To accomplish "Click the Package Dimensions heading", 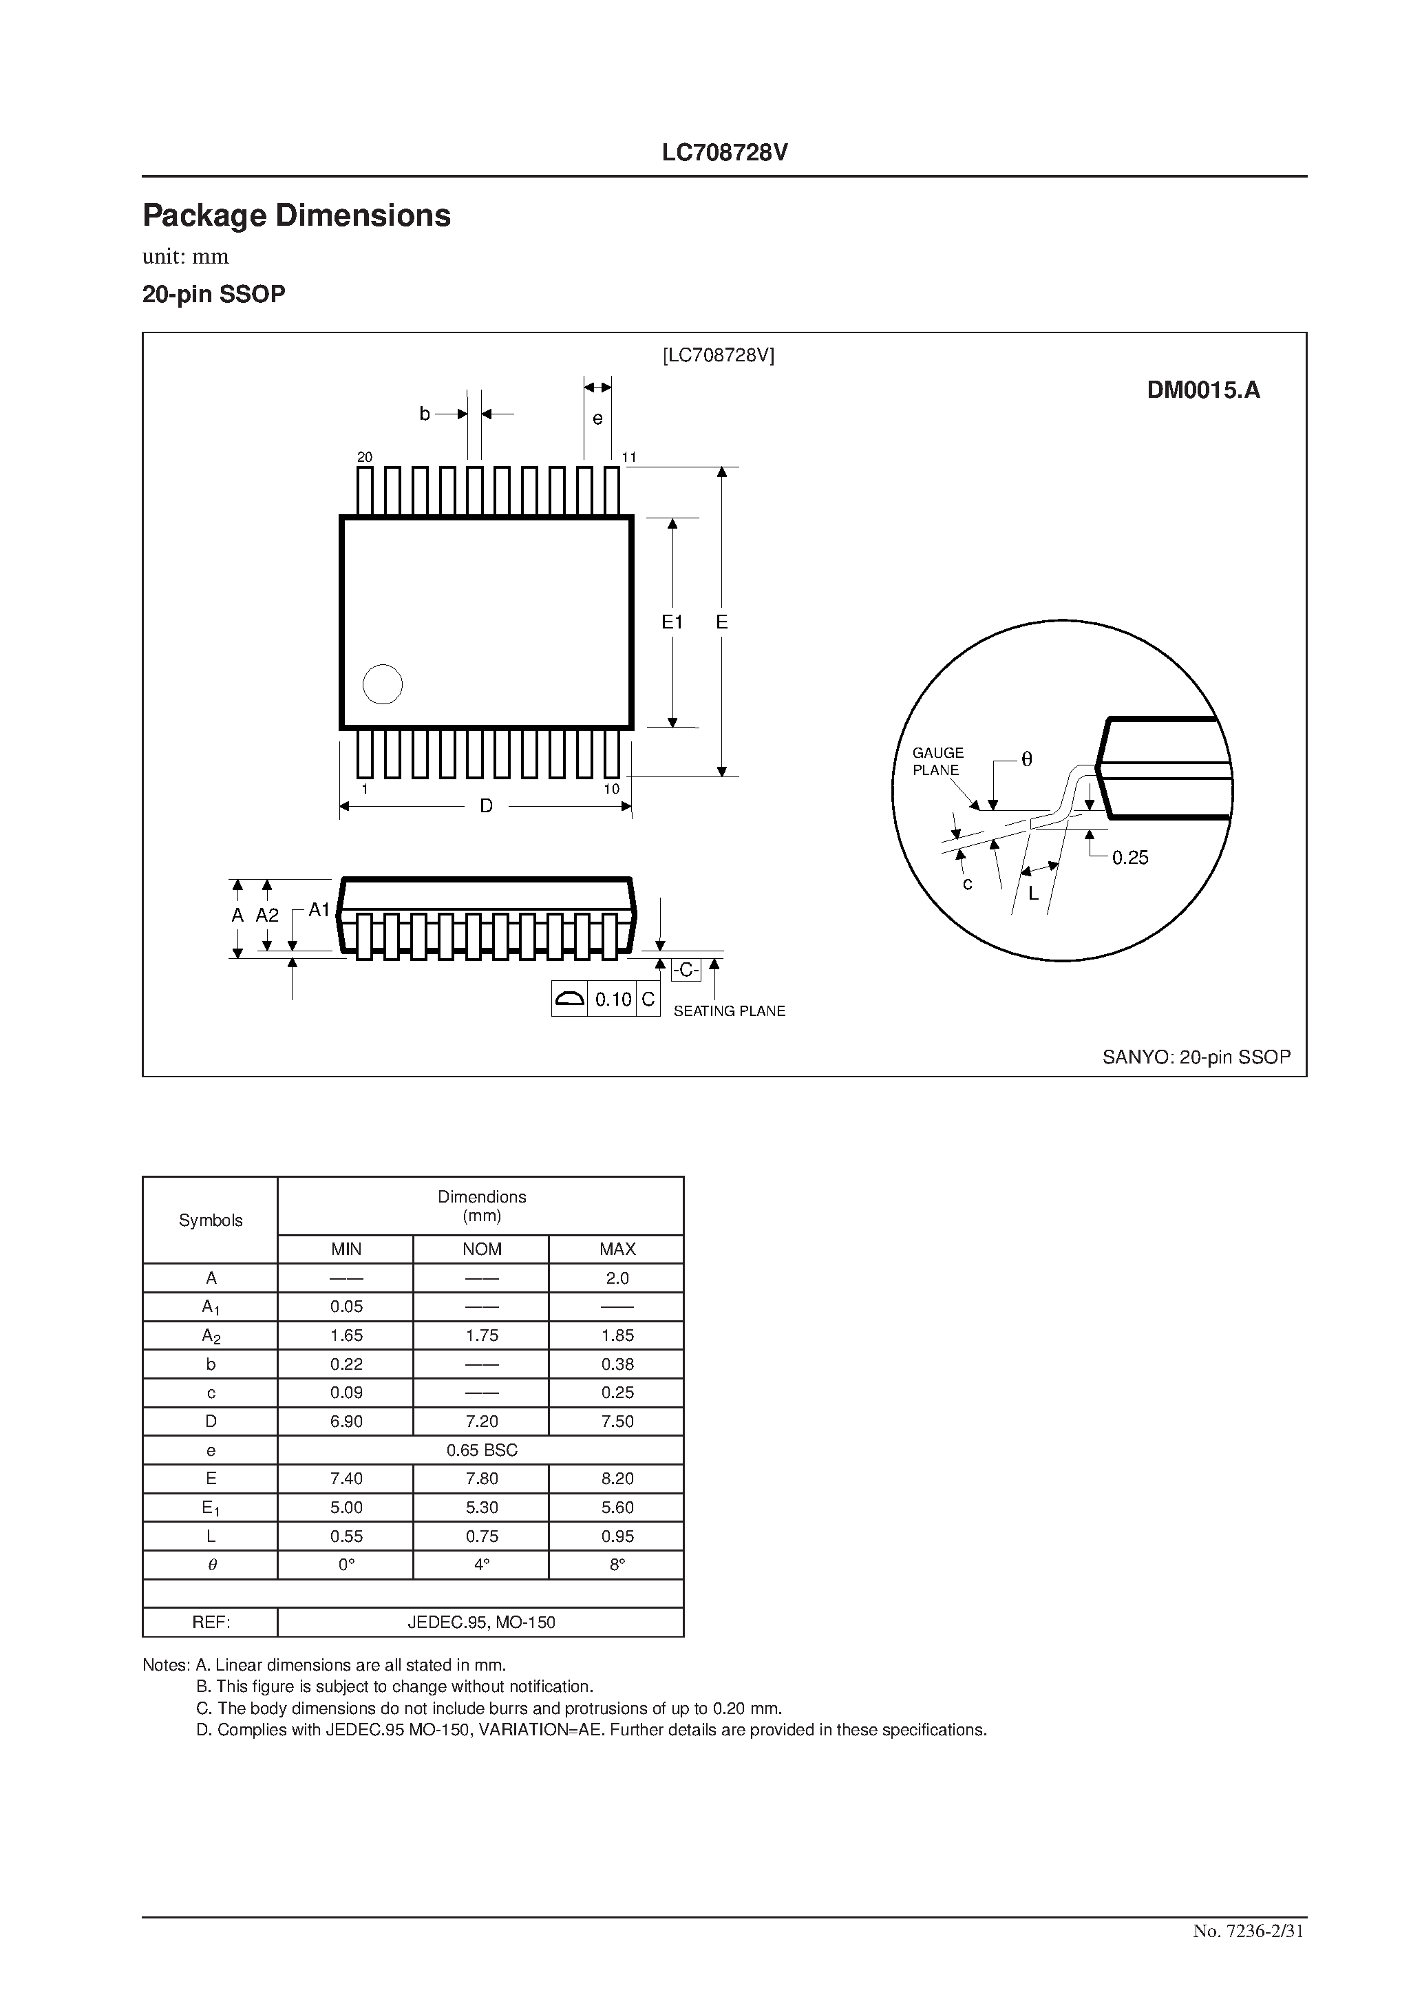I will click(x=296, y=215).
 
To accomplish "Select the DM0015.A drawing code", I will click(x=1203, y=390).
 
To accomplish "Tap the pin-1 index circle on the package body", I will click(x=383, y=685).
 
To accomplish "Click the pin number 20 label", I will click(x=365, y=457).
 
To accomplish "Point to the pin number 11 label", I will click(x=628, y=457).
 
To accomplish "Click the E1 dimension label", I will click(x=672, y=622).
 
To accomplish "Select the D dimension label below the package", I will click(x=486, y=806).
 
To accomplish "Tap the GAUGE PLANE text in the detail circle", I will click(x=937, y=761).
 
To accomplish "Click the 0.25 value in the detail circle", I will click(x=1129, y=858).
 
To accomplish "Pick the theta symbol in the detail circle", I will click(x=1027, y=760).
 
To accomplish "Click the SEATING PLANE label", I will click(x=728, y=1011).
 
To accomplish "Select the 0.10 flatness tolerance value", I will click(x=613, y=999).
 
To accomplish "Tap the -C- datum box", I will click(x=686, y=970).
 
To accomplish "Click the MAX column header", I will click(x=617, y=1249).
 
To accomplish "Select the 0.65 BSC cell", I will click(x=482, y=1450).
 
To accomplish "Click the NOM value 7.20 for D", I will click(x=482, y=1421).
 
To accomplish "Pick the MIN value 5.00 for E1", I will click(x=346, y=1507).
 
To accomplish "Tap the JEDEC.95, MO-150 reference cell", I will click(x=482, y=1622).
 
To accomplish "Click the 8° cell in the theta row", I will click(x=617, y=1565).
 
